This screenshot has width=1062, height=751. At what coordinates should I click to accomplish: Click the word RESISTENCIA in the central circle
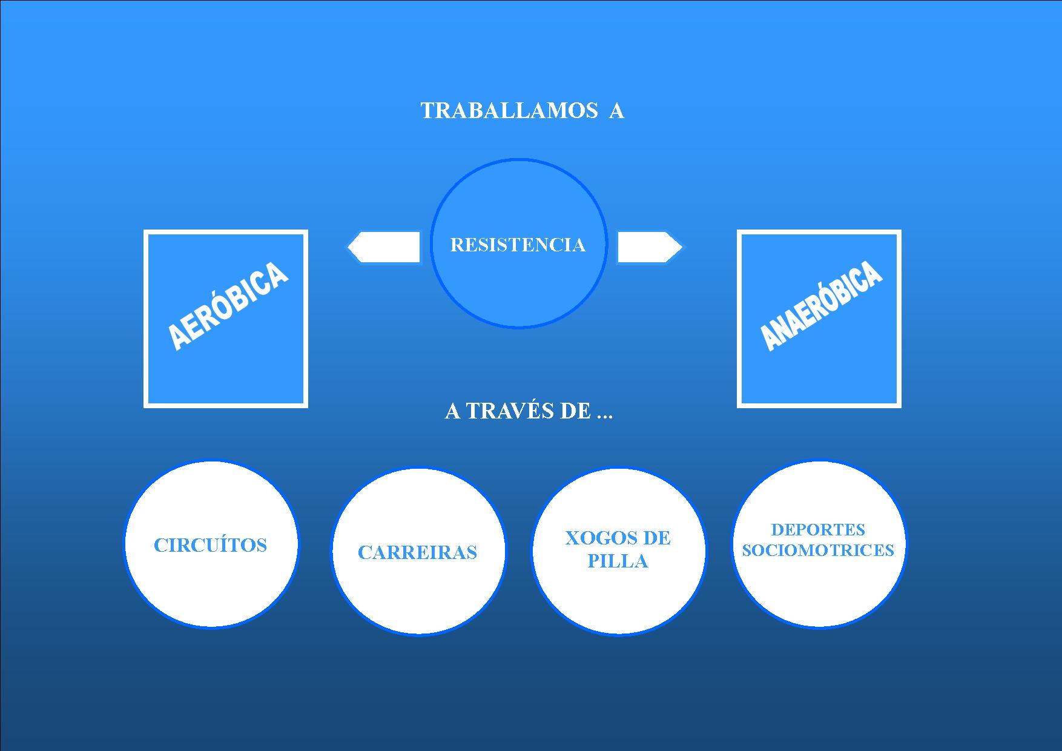(518, 245)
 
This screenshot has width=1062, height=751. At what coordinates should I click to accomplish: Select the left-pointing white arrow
(384, 247)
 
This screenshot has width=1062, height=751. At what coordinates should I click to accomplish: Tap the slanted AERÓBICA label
(227, 306)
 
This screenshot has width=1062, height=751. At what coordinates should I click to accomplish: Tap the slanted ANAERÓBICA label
(820, 306)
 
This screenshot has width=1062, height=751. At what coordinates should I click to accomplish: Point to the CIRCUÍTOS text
(210, 545)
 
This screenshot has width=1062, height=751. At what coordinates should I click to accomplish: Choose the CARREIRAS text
(417, 552)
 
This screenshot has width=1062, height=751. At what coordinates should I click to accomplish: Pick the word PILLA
(618, 561)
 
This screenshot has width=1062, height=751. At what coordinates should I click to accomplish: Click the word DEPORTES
(818, 529)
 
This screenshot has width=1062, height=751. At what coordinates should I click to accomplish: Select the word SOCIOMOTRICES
(818, 550)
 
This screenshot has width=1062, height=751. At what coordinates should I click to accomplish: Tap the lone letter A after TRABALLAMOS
(616, 111)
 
